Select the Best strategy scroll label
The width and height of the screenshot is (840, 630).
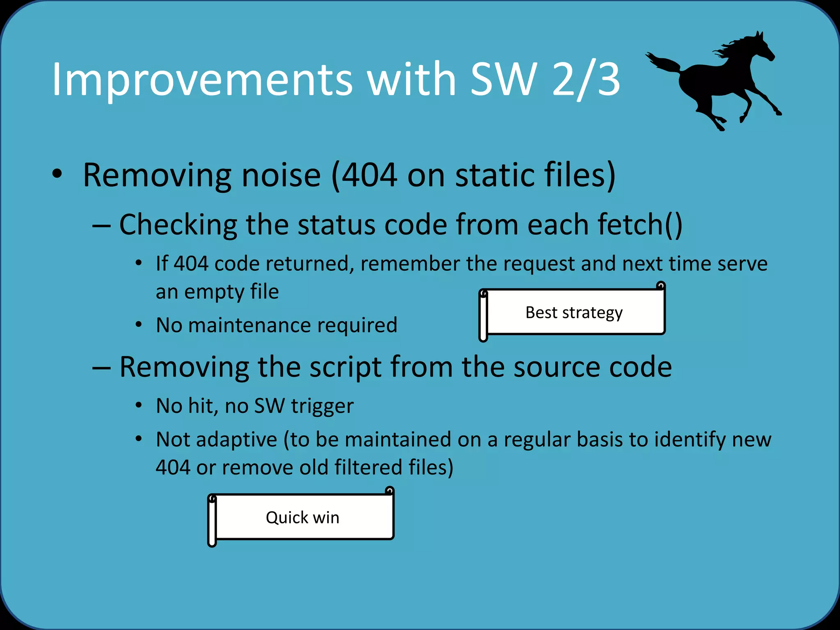(x=574, y=313)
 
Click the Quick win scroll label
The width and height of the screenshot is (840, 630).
(x=302, y=518)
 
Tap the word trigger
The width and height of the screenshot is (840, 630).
(x=322, y=406)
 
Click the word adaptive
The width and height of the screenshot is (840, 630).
(x=237, y=440)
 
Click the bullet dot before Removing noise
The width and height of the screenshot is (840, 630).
(x=57, y=174)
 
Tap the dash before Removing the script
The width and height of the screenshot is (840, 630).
(x=101, y=367)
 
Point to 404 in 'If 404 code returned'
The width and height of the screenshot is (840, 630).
(x=191, y=264)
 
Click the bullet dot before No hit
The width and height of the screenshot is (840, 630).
(x=139, y=406)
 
